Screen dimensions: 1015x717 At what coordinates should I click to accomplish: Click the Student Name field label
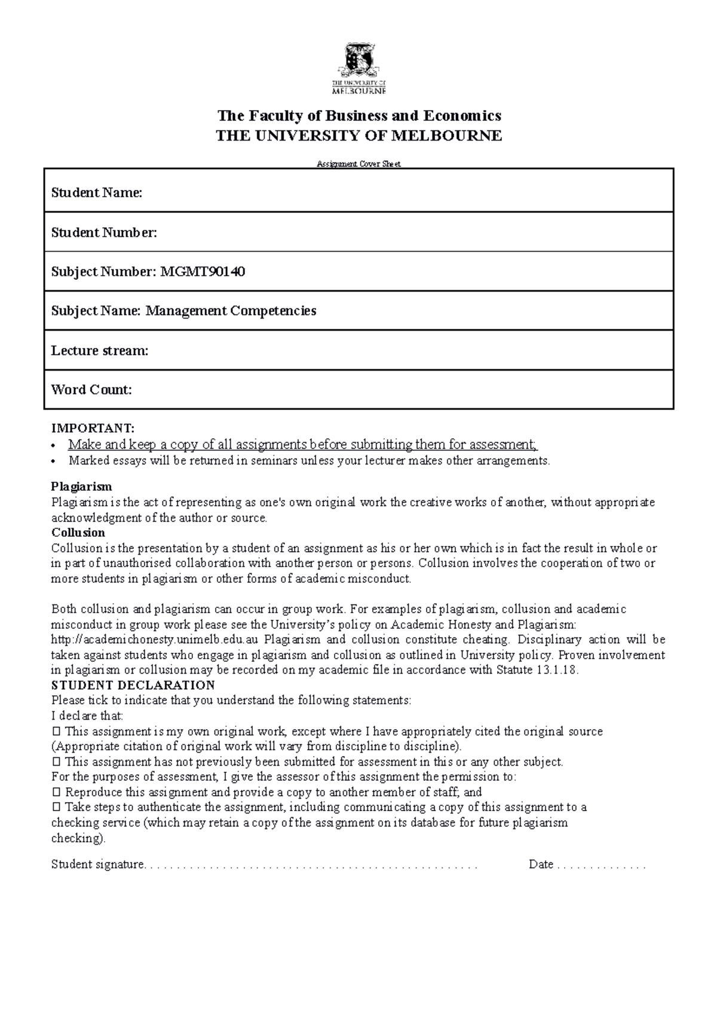click(x=97, y=192)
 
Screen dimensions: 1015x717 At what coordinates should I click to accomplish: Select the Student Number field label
click(x=104, y=233)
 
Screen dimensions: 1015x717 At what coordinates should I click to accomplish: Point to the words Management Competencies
click(x=231, y=311)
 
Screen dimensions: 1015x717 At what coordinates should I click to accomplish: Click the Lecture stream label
click(x=99, y=350)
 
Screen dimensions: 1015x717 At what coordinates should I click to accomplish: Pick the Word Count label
click(x=91, y=390)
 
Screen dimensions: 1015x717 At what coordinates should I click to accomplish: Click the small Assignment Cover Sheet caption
click(x=358, y=164)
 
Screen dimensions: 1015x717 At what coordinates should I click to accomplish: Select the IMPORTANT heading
click(x=93, y=429)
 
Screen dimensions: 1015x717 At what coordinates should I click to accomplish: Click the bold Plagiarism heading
click(x=81, y=486)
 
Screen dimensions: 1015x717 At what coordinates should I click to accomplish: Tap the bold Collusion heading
click(x=78, y=532)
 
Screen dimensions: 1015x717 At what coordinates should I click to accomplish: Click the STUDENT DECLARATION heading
click(x=133, y=685)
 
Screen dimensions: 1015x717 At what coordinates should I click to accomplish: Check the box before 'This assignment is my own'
click(x=57, y=731)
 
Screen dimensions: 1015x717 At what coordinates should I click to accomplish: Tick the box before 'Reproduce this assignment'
click(x=57, y=792)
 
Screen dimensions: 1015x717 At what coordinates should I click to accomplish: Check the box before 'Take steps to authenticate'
click(x=57, y=808)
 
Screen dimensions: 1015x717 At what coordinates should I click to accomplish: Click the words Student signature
click(x=97, y=864)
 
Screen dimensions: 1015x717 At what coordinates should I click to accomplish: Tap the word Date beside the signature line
click(x=541, y=864)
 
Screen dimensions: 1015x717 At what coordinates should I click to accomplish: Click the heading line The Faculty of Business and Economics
click(x=358, y=115)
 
